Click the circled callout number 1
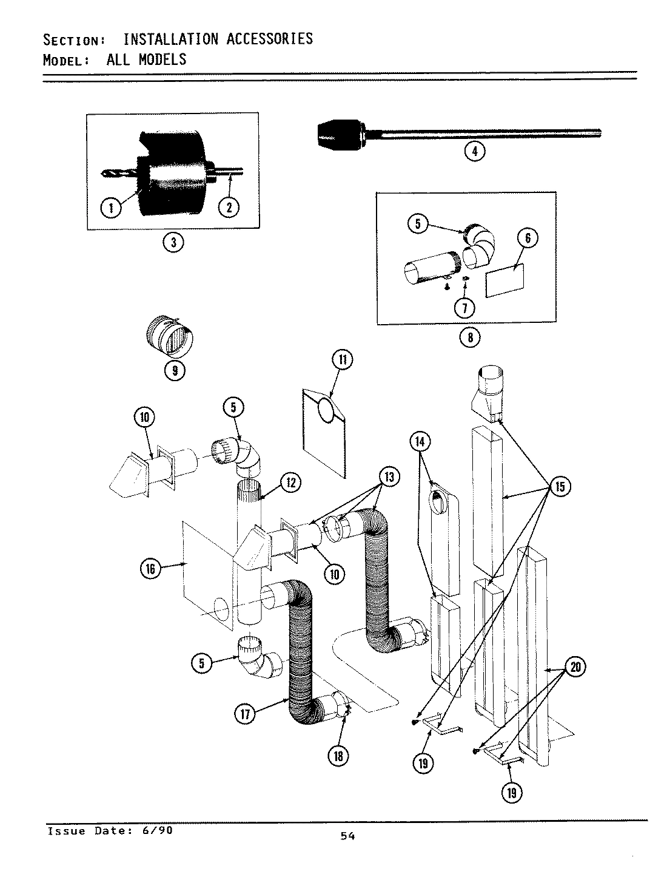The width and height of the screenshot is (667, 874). point(110,208)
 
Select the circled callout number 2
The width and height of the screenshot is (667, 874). point(229,208)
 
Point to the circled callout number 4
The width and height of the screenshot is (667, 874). point(474,151)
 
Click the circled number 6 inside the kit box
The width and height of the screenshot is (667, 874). point(528,238)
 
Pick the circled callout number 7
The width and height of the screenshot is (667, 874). point(464,308)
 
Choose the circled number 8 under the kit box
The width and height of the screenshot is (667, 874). point(470,337)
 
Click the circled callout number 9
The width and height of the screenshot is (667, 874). point(175,370)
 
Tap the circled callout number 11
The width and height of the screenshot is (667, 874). point(342,359)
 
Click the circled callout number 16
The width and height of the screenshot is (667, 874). point(150,568)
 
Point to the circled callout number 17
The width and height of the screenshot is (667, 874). point(246,714)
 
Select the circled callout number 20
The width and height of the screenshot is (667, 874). point(575,668)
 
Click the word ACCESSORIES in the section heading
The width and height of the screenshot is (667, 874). point(270,39)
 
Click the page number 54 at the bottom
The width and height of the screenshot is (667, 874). point(347,836)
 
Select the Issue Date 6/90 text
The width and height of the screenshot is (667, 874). point(110,830)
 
